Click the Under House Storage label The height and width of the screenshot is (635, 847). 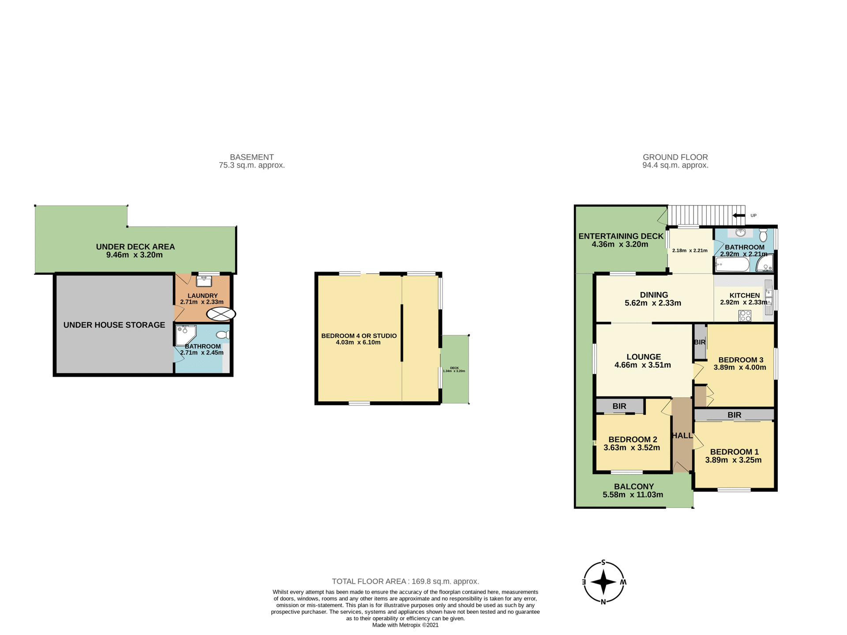point(114,325)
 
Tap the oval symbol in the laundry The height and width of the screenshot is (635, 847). point(221,314)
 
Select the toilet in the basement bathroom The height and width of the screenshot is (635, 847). point(224,335)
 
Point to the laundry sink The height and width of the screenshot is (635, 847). point(204,281)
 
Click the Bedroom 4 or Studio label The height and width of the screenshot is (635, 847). point(359,336)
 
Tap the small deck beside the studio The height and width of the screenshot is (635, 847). point(455,370)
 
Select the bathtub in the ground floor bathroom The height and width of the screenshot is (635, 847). point(732,265)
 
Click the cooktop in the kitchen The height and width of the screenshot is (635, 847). point(745,316)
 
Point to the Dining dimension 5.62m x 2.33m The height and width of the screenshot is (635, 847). point(653,303)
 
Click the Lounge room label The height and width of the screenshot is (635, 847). point(644,357)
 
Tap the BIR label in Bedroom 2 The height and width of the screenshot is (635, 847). point(619,406)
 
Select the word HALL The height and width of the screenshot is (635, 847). point(682,436)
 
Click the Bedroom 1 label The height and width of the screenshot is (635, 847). point(734,452)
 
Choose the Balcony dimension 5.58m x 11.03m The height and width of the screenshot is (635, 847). point(633,495)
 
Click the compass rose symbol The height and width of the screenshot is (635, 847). point(603,582)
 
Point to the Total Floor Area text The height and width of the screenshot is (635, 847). point(405,581)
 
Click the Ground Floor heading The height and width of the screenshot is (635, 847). point(675,157)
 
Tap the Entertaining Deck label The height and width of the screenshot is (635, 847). point(621,236)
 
